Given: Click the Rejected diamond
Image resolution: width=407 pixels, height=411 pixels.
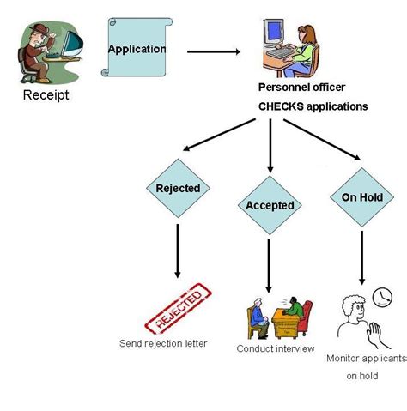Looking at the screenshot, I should point(178,189).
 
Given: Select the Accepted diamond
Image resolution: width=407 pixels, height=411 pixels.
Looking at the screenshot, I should point(270,205).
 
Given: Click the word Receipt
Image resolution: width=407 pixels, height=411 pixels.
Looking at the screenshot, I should point(46,95).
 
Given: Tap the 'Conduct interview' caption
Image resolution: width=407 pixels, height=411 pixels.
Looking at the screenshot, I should point(275,349).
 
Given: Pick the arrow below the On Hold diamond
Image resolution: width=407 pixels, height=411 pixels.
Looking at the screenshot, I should point(361,257).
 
